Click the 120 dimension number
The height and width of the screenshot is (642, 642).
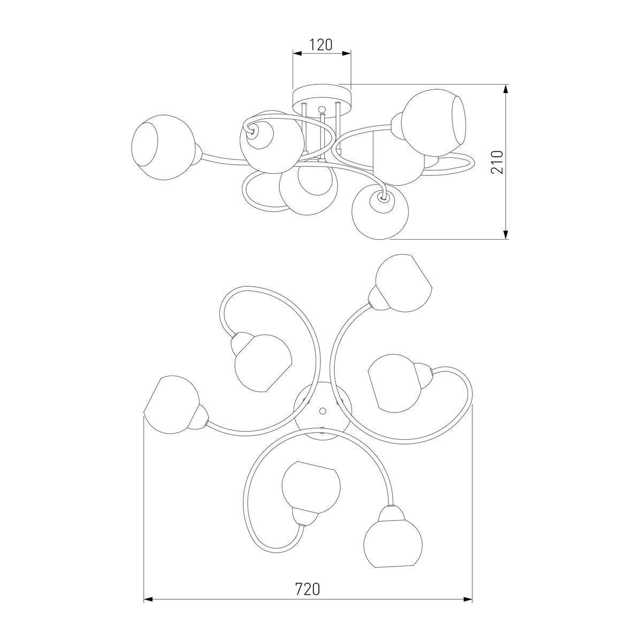pos(321,45)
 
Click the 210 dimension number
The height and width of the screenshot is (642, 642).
pos(497,162)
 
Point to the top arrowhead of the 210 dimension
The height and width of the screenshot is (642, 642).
pos(506,89)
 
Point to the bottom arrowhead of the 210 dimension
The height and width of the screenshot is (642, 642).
pos(506,234)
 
